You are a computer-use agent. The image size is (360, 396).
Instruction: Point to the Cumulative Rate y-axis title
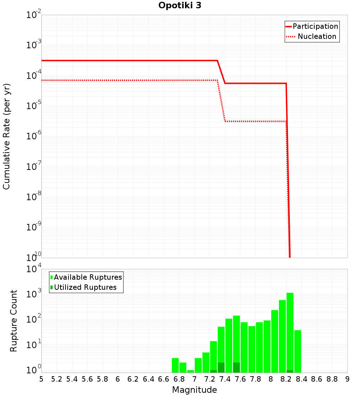pos(6,136)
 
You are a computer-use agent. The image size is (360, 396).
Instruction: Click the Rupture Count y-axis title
pos(14,321)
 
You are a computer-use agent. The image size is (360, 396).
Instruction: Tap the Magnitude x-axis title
pos(194,390)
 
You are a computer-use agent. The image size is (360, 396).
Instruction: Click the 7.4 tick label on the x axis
pos(225,379)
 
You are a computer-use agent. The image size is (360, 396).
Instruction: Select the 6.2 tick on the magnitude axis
pos(133,379)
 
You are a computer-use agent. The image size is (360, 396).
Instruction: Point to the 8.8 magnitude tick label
pos(332,379)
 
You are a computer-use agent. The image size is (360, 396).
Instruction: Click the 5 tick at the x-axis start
pos(41,379)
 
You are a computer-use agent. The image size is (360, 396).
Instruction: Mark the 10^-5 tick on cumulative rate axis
pos(33,106)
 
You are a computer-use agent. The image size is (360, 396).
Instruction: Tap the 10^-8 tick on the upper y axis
pos(33,197)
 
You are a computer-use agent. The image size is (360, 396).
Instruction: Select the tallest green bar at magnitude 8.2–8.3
pos(290,331)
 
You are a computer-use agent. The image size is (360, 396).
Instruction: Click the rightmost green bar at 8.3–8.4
pos(297,351)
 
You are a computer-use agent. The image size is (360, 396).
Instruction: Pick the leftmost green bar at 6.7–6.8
pos(175,365)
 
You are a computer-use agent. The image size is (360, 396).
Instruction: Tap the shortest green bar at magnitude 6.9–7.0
pos(190,371)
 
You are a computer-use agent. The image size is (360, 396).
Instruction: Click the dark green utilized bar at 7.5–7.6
pos(237,368)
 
